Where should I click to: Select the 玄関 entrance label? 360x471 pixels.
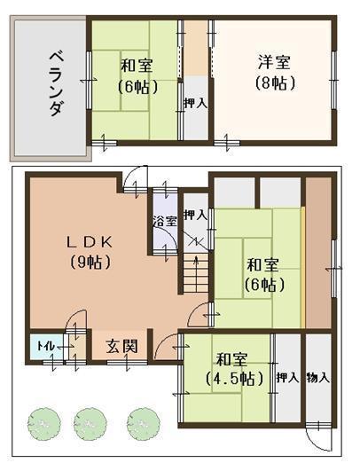coord(121,347)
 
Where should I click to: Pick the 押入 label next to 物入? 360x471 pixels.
coord(286,378)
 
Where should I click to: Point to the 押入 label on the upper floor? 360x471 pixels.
coord(195,104)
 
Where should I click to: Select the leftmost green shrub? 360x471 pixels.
coord(42,422)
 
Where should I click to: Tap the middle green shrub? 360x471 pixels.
coord(90,422)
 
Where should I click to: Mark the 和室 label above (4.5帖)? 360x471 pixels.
coord(229,359)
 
